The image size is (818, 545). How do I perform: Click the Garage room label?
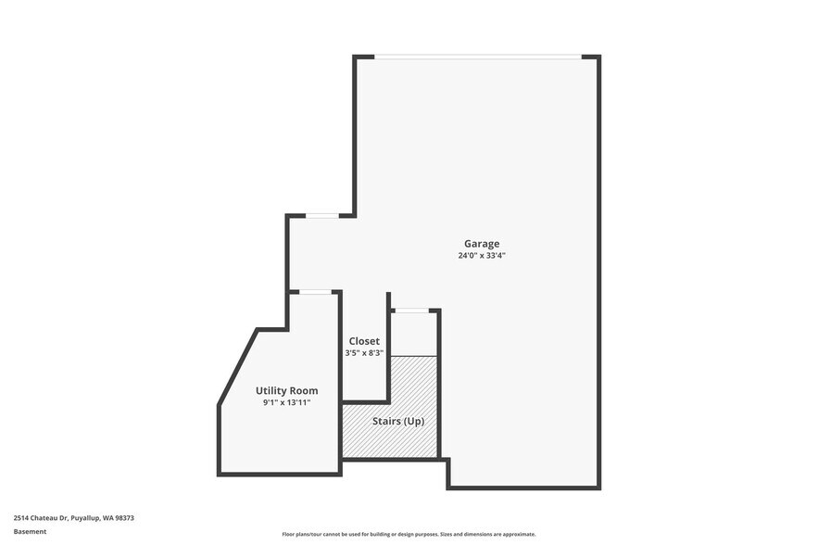click(x=482, y=244)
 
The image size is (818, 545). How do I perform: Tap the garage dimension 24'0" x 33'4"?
click(x=482, y=256)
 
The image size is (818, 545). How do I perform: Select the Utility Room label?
click(x=286, y=391)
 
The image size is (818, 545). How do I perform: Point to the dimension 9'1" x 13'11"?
click(x=286, y=403)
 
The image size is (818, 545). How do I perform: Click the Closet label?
click(x=364, y=341)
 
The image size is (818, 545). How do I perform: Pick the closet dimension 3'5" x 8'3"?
click(x=364, y=353)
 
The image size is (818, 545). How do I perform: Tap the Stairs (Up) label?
click(x=399, y=421)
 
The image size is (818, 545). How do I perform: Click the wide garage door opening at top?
click(x=478, y=57)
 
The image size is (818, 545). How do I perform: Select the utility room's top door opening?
click(x=316, y=292)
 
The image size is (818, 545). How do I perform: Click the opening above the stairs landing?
click(x=410, y=311)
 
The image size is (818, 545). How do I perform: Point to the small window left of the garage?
click(x=321, y=216)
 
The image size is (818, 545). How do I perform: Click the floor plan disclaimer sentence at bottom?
click(x=409, y=535)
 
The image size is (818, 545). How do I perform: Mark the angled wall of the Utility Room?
click(x=238, y=365)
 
